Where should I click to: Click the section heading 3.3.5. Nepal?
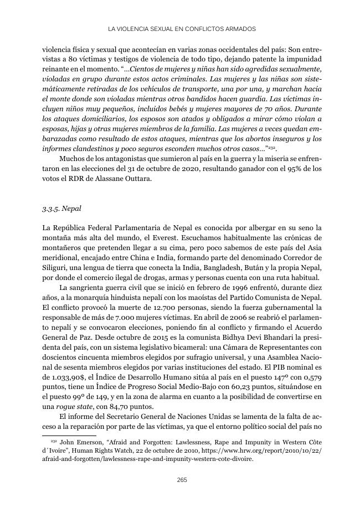click(x=61, y=210)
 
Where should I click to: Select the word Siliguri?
click(x=56, y=267)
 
